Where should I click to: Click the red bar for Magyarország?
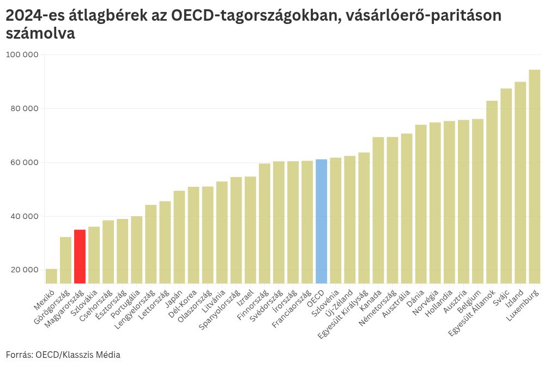80,256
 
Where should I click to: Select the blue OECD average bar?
321,221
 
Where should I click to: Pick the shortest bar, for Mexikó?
51,276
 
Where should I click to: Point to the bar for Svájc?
506,185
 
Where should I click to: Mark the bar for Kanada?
378,210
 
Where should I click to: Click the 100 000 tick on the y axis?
22,55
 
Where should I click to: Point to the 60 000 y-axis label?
23,162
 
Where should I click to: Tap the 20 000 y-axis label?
23,270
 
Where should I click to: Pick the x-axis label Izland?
515,297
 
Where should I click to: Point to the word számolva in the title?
40,34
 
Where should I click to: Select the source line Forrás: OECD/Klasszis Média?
63,355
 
